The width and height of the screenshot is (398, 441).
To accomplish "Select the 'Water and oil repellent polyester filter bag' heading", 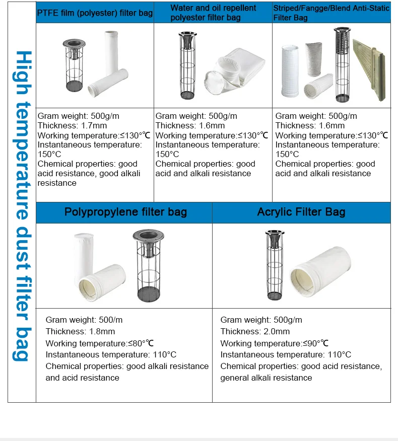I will click(213, 13).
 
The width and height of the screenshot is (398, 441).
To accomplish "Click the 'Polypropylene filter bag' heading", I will click(125, 211).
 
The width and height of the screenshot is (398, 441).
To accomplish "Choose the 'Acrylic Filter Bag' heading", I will click(301, 211).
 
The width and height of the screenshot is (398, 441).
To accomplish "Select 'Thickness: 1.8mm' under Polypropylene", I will click(80, 331).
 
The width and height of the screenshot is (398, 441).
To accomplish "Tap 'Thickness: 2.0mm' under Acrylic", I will click(255, 331).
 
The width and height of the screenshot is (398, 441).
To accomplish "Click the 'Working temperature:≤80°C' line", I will click(99, 343).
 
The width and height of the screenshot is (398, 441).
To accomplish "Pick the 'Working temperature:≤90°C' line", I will click(274, 343).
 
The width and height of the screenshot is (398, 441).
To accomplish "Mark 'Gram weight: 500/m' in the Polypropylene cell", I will click(84, 320).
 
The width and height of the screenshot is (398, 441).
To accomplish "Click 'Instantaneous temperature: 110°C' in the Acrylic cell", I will click(286, 355).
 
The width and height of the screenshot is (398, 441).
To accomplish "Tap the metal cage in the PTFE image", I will click(73, 65).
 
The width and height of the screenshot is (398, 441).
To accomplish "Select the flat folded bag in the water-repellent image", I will click(236, 70).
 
